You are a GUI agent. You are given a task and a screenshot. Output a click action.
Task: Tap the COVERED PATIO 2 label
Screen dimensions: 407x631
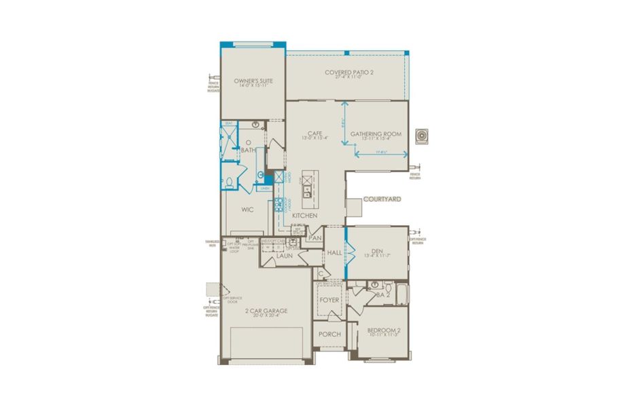(346, 73)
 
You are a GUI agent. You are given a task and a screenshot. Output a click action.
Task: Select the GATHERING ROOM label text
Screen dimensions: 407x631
(376, 134)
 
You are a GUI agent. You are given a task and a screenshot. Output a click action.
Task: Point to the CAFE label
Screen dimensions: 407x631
(314, 134)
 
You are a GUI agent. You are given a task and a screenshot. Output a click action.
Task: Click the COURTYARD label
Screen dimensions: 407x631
(382, 199)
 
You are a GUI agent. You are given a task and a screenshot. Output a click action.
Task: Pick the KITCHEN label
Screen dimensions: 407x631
(304, 216)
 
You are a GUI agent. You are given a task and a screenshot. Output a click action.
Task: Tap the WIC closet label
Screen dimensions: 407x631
(247, 210)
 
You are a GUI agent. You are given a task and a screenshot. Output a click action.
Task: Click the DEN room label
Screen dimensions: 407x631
(378, 250)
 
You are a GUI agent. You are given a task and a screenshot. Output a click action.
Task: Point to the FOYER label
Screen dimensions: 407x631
(329, 300)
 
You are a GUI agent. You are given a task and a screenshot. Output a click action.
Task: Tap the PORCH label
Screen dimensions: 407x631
(329, 334)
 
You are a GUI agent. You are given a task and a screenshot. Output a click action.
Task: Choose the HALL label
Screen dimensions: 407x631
(334, 252)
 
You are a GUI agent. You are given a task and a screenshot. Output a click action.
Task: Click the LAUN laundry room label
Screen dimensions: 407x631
(284, 256)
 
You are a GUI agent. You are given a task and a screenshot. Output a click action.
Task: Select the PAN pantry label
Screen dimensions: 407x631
(314, 238)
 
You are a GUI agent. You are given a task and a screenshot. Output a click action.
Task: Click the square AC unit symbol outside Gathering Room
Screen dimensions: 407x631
(423, 136)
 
